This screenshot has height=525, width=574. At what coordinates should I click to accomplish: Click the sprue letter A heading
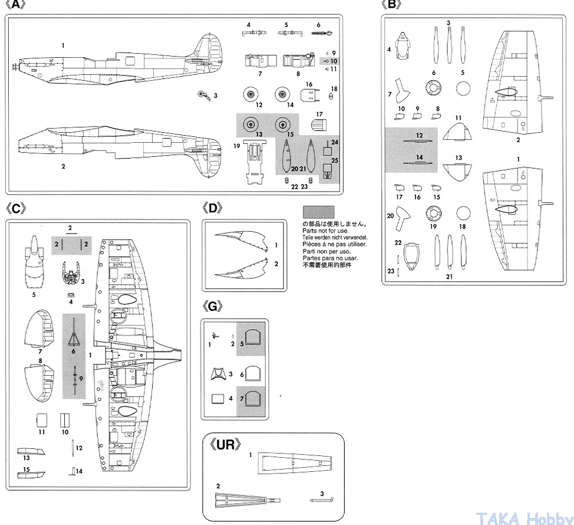click(15, 5)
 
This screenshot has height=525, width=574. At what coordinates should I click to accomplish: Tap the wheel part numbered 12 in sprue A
click(251, 94)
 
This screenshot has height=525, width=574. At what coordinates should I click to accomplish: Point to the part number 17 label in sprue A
click(319, 114)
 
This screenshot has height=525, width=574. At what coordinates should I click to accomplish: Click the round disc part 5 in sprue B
click(463, 88)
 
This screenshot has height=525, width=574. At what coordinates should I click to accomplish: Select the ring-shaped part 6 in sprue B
click(433, 88)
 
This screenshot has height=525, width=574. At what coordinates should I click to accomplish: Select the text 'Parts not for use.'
click(325, 231)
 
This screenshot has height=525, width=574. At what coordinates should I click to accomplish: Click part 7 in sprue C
click(39, 329)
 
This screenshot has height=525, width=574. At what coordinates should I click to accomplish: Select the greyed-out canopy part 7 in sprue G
click(252, 399)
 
